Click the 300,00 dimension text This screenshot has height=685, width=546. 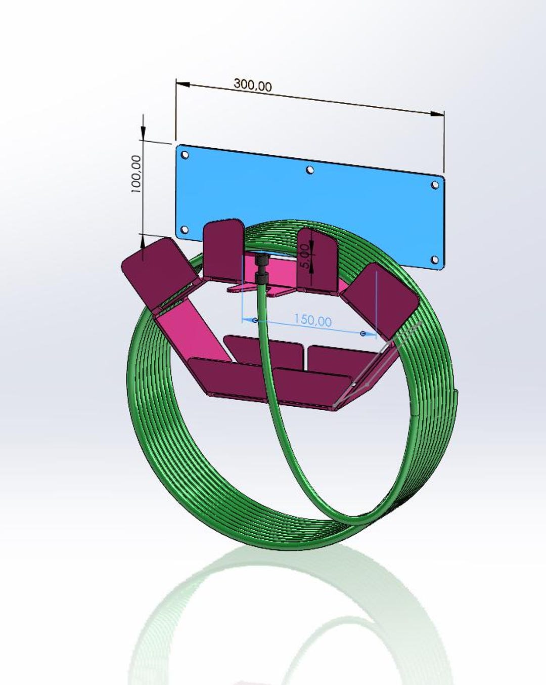(252, 84)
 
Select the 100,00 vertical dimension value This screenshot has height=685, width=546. (136, 174)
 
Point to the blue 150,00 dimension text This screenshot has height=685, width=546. (313, 320)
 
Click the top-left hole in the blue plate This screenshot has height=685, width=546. (185, 154)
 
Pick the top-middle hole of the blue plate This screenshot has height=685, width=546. (310, 170)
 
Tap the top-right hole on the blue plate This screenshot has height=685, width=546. (435, 185)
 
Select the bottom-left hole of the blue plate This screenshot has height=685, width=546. (185, 230)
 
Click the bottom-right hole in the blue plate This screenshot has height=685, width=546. (434, 261)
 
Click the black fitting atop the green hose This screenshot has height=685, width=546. (262, 270)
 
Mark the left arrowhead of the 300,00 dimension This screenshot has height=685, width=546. (182, 83)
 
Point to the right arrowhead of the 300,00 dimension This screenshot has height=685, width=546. (438, 114)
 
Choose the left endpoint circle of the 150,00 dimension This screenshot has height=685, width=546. (255, 320)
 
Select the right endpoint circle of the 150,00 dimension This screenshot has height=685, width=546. (363, 333)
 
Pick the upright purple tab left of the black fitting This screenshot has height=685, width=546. (222, 250)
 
